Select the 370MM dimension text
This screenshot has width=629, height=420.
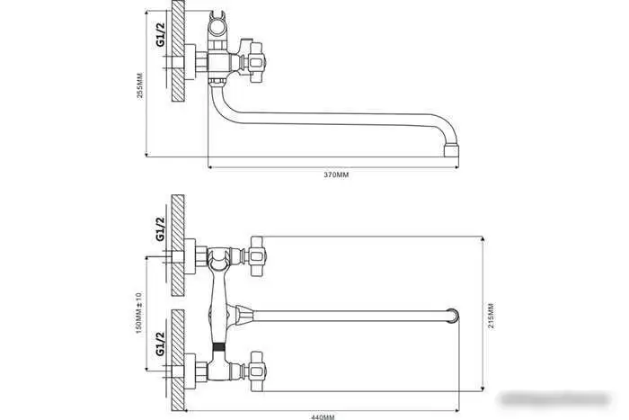(334, 174)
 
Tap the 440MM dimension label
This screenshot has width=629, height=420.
(324, 415)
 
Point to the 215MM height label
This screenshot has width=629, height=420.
(489, 315)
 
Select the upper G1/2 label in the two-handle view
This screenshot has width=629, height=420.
(160, 229)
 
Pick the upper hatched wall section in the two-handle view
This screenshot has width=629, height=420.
(177, 243)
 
